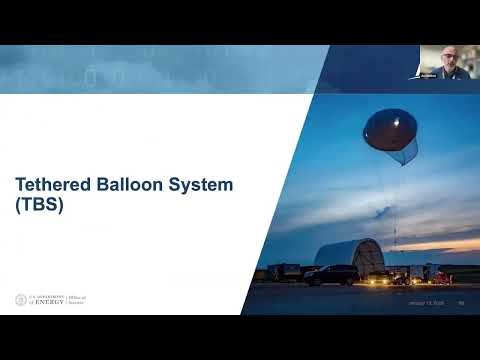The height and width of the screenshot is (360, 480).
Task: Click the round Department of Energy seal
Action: coord(21,299)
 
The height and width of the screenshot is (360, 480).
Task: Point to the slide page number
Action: coord(461,304)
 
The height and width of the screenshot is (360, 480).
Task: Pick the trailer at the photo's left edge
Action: coord(283,272)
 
